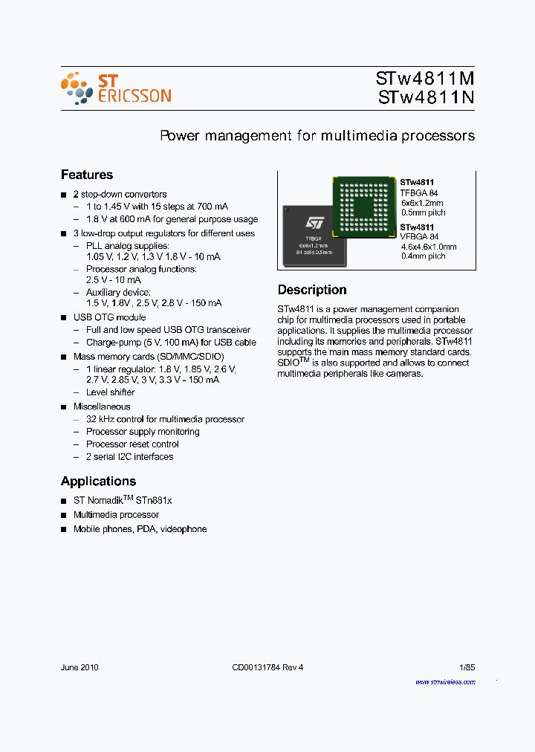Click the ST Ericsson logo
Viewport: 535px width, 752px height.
[x=116, y=88]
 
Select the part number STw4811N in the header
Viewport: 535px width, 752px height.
[x=426, y=97]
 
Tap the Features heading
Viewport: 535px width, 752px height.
[x=87, y=175]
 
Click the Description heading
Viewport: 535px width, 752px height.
[x=312, y=290]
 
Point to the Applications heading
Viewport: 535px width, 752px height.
[x=98, y=481]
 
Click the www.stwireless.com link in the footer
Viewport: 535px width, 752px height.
[x=445, y=681]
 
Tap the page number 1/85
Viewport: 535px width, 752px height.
[x=467, y=667]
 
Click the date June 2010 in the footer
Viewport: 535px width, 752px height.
[x=80, y=667]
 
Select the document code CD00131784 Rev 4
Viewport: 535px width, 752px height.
[x=267, y=667]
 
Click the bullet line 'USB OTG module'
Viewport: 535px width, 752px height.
[x=109, y=317]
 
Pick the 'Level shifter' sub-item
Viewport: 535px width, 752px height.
[x=110, y=392]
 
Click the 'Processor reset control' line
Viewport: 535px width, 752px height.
[x=132, y=444]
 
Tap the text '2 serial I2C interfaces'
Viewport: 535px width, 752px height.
[x=129, y=457]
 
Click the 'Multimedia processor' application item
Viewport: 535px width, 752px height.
[x=116, y=515]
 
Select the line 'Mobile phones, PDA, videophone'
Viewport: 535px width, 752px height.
[x=140, y=529]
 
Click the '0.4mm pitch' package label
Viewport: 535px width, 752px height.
[x=422, y=256]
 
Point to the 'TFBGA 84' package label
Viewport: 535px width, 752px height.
[x=419, y=192]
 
